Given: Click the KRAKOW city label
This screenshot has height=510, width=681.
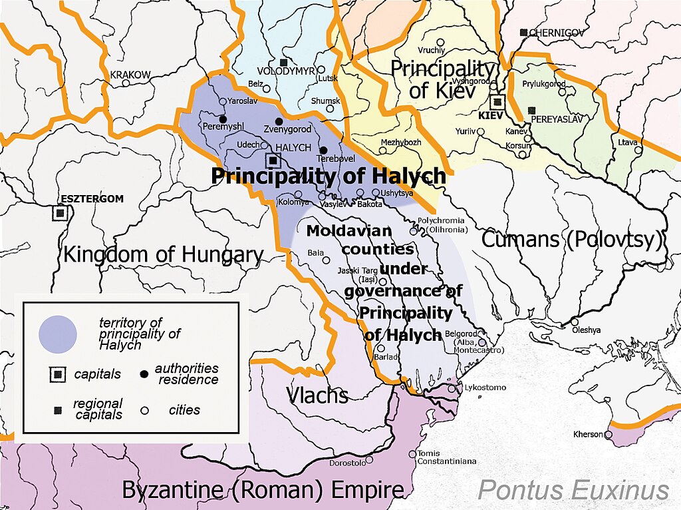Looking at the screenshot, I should pyautogui.click(x=130, y=75).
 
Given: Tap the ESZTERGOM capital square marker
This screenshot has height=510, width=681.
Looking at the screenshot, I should pyautogui.click(x=60, y=213).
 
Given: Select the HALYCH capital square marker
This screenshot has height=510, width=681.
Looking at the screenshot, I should pyautogui.click(x=273, y=160).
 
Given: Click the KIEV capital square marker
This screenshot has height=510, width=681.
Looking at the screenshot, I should pyautogui.click(x=497, y=103).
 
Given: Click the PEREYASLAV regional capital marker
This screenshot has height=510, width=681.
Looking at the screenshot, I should pyautogui.click(x=531, y=111).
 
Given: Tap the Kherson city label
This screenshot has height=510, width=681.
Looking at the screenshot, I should pyautogui.click(x=588, y=434).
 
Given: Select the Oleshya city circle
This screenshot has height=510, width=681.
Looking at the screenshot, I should pyautogui.click(x=575, y=322).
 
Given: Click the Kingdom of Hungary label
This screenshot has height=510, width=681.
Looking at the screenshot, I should pyautogui.click(x=164, y=255).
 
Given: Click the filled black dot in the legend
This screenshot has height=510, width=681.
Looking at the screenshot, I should pyautogui.click(x=144, y=374).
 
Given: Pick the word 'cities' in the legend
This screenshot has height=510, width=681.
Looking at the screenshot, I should pyautogui.click(x=184, y=409).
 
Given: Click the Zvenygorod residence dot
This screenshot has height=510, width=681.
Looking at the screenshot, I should pyautogui.click(x=279, y=121).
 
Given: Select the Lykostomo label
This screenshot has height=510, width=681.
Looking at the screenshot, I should pyautogui.click(x=485, y=387).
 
